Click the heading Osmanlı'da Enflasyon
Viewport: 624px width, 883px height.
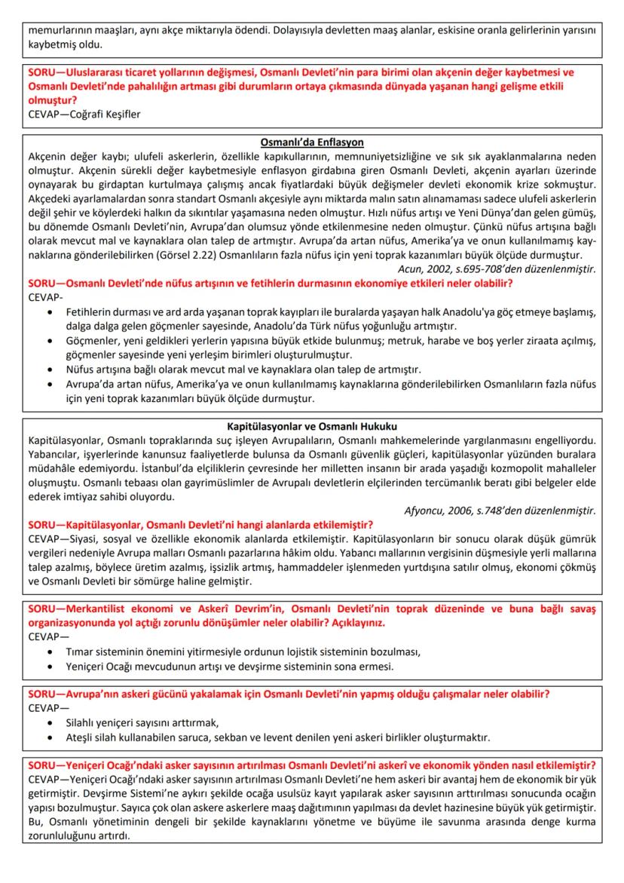coord(312,142)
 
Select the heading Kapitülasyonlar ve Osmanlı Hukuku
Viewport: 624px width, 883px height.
coord(312,425)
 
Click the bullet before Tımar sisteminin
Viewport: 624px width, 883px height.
coord(50,652)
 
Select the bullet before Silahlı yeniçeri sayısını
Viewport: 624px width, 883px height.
coord(50,723)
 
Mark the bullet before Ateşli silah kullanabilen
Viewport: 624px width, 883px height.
coord(50,737)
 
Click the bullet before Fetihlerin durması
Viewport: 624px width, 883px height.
coord(50,312)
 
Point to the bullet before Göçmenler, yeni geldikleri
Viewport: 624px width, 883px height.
coord(50,341)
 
